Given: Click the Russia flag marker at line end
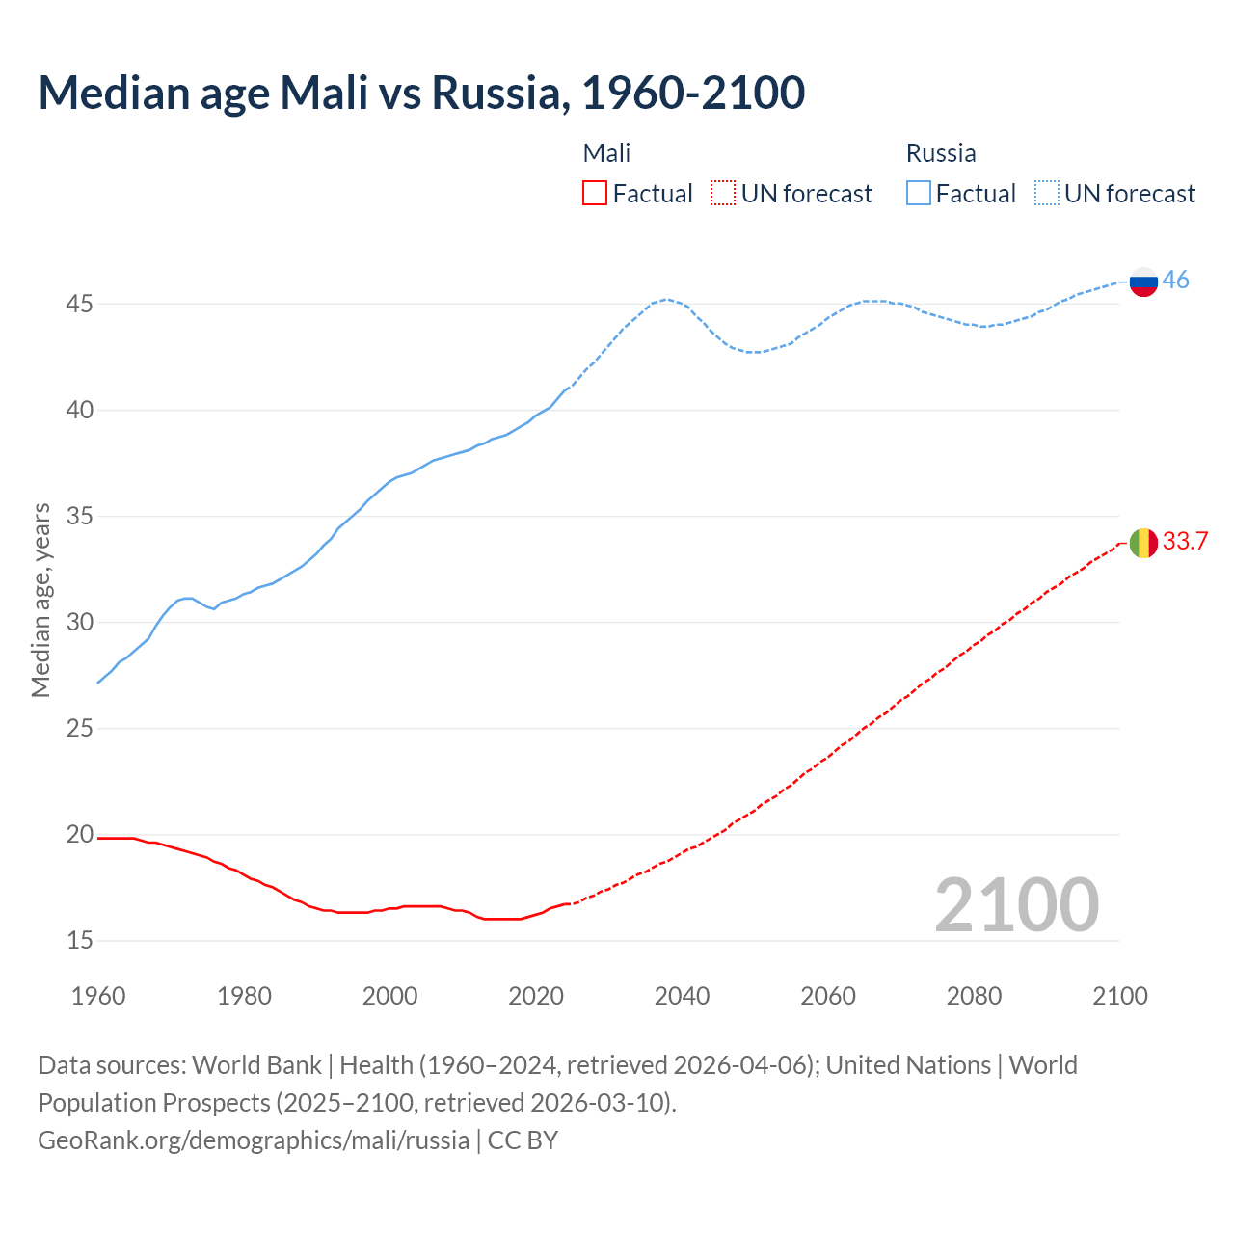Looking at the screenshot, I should pos(1143,282).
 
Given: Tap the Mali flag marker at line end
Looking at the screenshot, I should pos(1143,543).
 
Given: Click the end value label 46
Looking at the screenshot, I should pos(1175,281).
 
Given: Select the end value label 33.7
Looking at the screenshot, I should pos(1185,542).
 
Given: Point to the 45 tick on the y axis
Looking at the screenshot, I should pos(79,305).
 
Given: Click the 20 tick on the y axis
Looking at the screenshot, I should pos(79,835).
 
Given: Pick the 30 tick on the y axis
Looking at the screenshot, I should pos(79,623).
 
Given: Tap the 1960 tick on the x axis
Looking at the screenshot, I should pos(98,996).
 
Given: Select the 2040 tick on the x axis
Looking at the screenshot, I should pos(682,996).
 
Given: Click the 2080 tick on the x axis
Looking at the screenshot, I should pos(974,996).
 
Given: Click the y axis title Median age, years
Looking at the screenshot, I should pos(40,600).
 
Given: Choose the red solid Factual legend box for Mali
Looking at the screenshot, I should pos(595,194).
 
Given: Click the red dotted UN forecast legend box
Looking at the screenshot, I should pos(723,194).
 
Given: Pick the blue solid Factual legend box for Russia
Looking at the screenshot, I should pos(919,194).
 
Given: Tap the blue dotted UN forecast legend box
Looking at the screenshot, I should pos(1047,194).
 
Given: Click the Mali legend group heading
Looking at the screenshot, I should pos(606,153).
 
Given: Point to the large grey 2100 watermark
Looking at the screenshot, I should pos(1016,905).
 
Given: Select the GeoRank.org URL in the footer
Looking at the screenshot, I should pos(254,1140).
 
